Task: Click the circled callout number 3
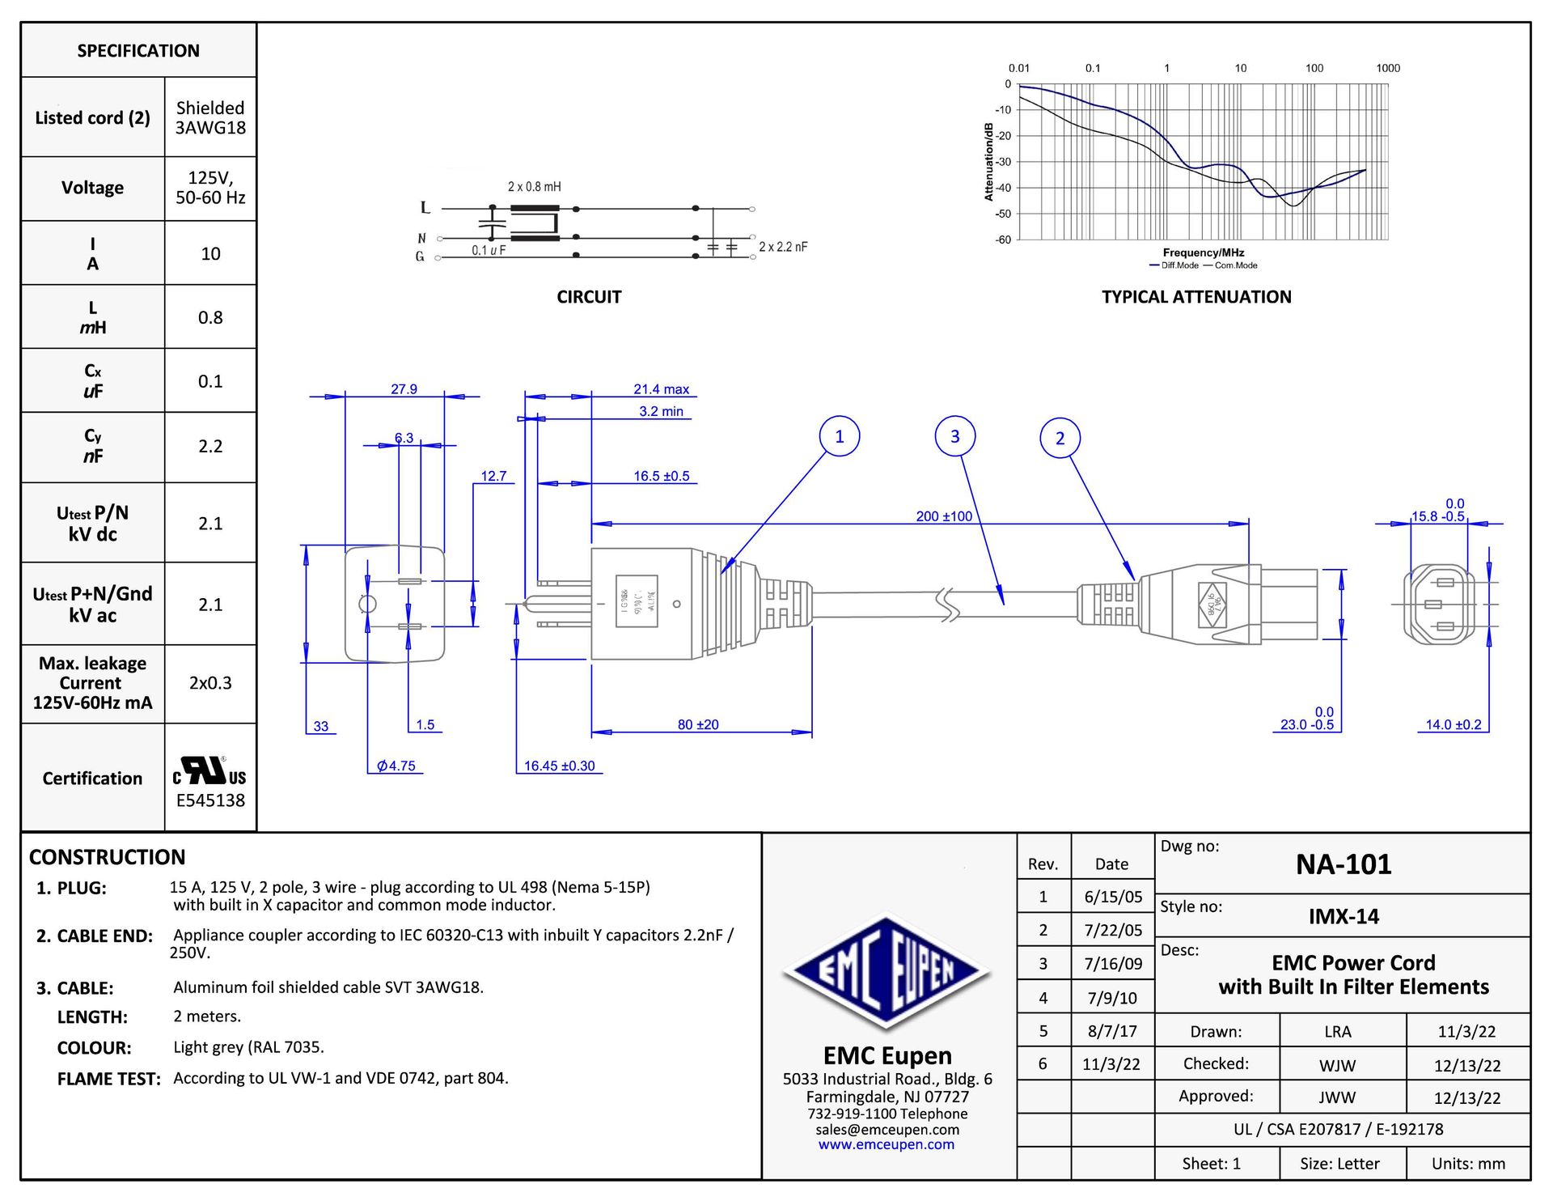(954, 436)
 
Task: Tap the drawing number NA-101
(1343, 864)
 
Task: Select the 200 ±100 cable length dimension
(943, 516)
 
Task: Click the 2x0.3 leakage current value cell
(210, 683)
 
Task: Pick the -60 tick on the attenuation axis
(1003, 240)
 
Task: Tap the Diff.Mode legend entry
(1174, 265)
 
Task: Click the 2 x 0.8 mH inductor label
(534, 187)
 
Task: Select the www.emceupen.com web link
(886, 1144)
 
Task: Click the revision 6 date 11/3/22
(1111, 1064)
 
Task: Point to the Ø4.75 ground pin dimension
(396, 766)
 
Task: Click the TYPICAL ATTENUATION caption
(1195, 297)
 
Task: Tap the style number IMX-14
(1344, 916)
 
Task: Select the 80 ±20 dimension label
(697, 724)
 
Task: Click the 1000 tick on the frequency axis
(1387, 68)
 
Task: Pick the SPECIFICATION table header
(138, 51)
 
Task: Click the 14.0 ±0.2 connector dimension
(1453, 724)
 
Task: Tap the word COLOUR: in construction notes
(94, 1048)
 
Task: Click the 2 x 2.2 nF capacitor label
(782, 247)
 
